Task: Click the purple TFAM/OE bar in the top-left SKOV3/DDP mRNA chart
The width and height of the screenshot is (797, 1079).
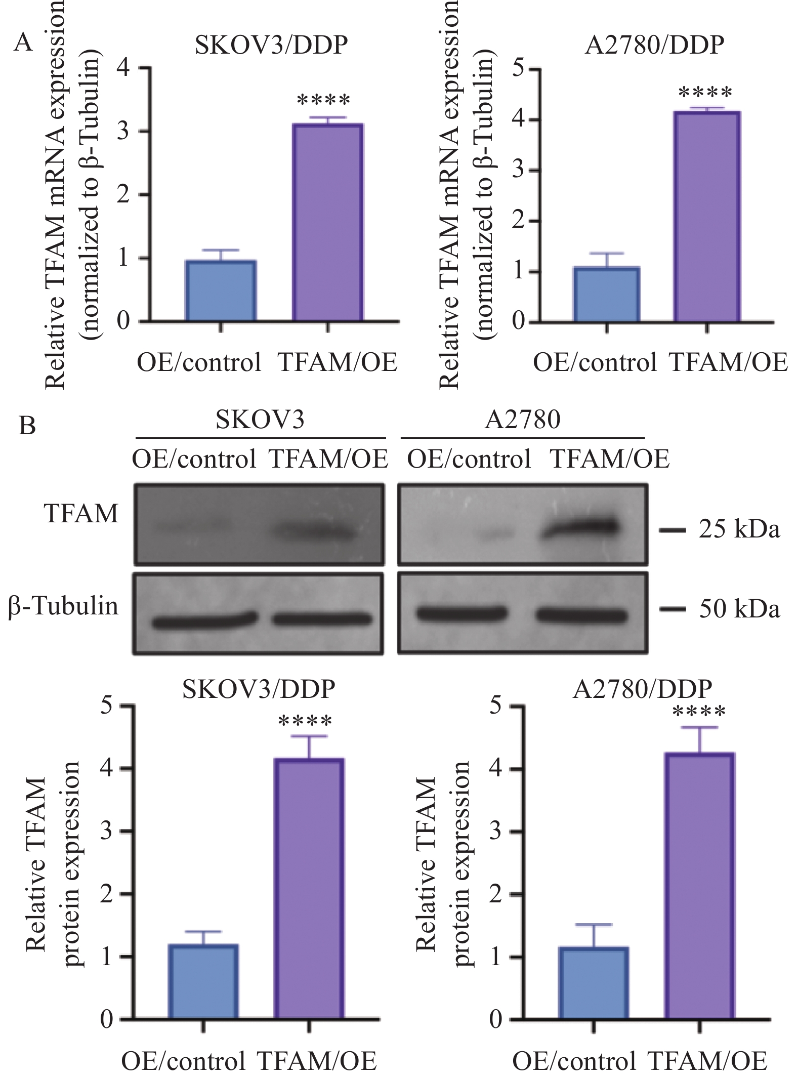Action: [x=328, y=223]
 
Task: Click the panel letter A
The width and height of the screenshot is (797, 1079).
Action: [x=23, y=43]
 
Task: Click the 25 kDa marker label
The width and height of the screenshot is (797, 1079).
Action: [x=739, y=530]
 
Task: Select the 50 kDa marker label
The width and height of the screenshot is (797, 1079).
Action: [x=739, y=610]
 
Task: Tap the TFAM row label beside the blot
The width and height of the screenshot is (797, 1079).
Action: [x=81, y=514]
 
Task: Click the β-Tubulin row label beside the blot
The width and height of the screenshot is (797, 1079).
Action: [x=63, y=605]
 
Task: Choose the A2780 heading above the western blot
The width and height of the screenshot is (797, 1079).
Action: [x=522, y=420]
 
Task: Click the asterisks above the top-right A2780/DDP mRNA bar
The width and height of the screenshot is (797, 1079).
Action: [x=705, y=93]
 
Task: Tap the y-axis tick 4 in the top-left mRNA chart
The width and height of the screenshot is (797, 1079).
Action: [x=124, y=68]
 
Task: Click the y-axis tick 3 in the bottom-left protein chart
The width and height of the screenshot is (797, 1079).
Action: [x=106, y=831]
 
